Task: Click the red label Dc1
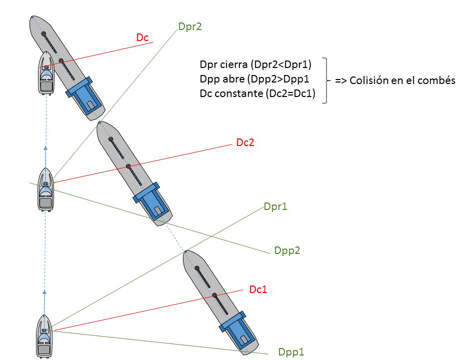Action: point(258,289)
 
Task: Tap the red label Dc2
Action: point(245,142)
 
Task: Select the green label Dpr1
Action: point(275,206)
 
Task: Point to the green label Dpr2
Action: point(190,26)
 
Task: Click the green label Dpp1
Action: point(291,352)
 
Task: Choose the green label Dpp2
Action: point(287,250)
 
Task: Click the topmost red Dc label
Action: point(142,37)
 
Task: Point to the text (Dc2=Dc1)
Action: point(290,93)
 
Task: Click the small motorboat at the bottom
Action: point(44,336)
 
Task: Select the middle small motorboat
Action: point(45,189)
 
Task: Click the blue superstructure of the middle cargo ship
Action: point(152,201)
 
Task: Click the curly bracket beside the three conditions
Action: point(325,80)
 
